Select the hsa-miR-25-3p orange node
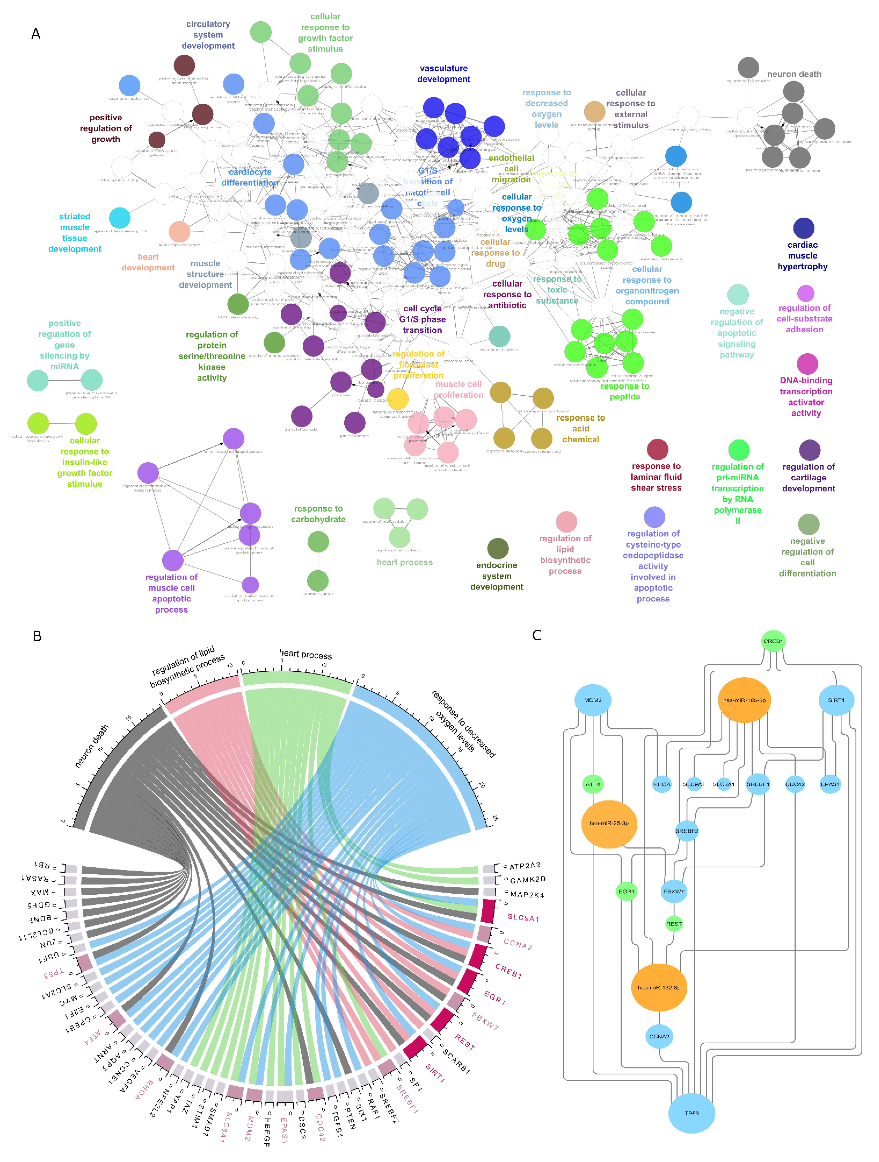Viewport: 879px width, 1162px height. tap(609, 823)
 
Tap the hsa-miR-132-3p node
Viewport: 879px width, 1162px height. tap(658, 988)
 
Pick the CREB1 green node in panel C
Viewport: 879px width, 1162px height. tap(773, 641)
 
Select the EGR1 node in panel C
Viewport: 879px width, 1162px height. tap(626, 891)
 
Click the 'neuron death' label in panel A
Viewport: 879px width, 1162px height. tap(794, 74)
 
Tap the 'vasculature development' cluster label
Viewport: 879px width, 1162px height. tap(444, 74)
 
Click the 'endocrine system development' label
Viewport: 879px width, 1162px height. tap(497, 576)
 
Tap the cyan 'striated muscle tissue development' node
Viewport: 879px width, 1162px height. tap(120, 218)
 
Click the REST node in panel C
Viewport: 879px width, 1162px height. tap(674, 924)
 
